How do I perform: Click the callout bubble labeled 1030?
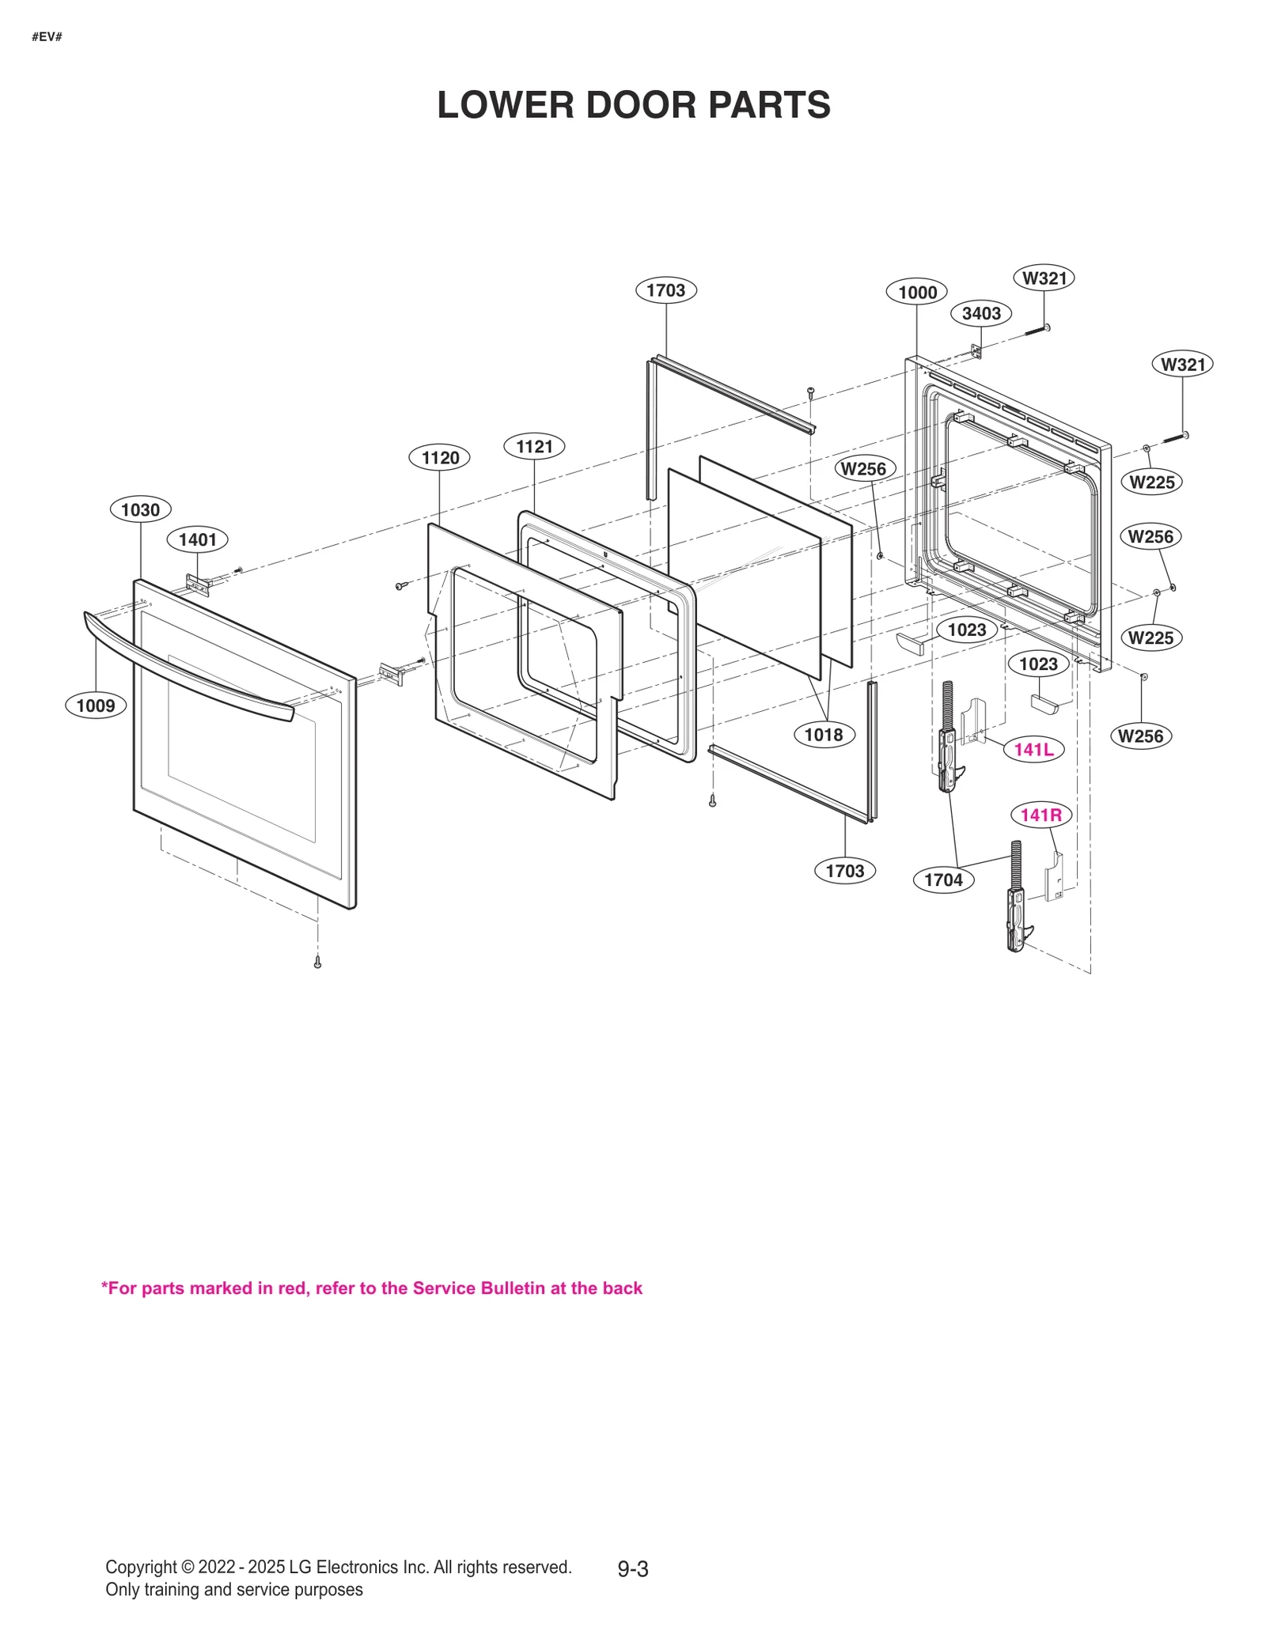pyautogui.click(x=140, y=509)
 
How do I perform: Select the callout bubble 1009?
pyautogui.click(x=96, y=705)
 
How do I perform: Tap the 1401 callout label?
pyautogui.click(x=197, y=539)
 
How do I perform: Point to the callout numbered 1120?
pyautogui.click(x=440, y=457)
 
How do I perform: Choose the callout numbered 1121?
pyautogui.click(x=534, y=446)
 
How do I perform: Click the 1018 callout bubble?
pyautogui.click(x=824, y=734)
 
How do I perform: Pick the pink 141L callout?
pyautogui.click(x=1033, y=749)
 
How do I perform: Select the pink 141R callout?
pyautogui.click(x=1040, y=815)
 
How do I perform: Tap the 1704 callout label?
pyautogui.click(x=943, y=880)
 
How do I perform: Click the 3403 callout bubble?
pyautogui.click(x=981, y=313)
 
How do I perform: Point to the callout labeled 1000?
pyautogui.click(x=917, y=292)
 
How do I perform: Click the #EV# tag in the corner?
pyautogui.click(x=47, y=37)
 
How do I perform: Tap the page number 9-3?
pyautogui.click(x=633, y=1568)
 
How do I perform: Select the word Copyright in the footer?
pyautogui.click(x=141, y=1567)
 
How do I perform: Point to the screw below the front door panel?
pyautogui.click(x=317, y=963)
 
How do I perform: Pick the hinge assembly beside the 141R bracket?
pyautogui.click(x=1017, y=902)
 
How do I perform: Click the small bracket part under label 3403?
pyautogui.click(x=976, y=351)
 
